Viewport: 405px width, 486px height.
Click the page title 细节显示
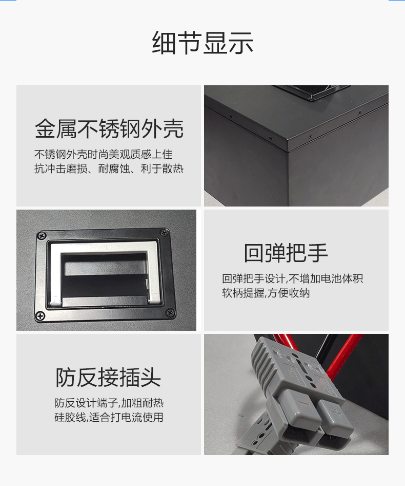tap(202, 43)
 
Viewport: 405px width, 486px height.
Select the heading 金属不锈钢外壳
tap(109, 129)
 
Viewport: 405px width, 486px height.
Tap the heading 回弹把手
tap(286, 253)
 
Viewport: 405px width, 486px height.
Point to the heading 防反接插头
tap(108, 378)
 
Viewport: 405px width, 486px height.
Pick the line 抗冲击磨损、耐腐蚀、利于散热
tap(109, 169)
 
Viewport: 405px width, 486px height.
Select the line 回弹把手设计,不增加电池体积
tap(292, 279)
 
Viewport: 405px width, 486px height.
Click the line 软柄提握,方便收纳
tap(266, 293)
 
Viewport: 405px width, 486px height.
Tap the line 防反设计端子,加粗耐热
tap(109, 403)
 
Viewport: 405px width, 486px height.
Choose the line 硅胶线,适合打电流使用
tap(109, 417)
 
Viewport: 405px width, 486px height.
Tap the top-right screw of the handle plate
tap(164, 233)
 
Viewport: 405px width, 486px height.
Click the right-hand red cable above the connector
tap(344, 354)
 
